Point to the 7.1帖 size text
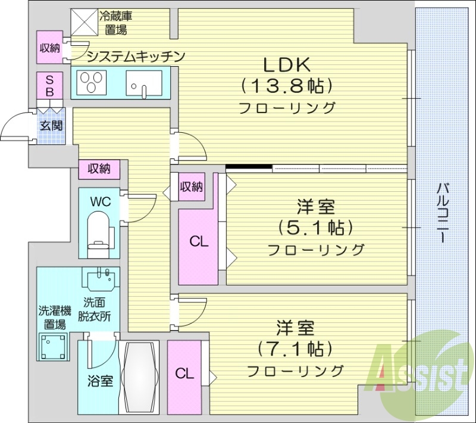pos(295,348)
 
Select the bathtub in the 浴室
pos(140,377)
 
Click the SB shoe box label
pos(50,86)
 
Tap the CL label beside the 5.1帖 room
pos(199,241)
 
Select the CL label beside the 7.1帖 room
pos(184,374)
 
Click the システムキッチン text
pos(136,57)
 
